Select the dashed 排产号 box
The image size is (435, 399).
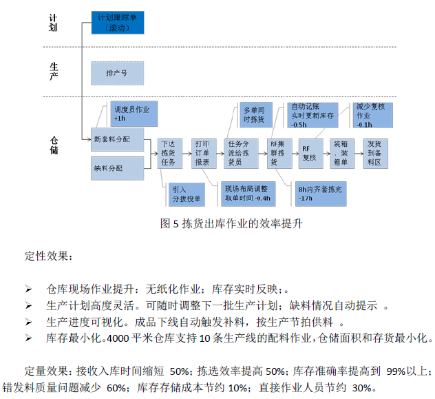(x=117, y=72)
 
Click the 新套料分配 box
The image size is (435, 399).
(x=118, y=139)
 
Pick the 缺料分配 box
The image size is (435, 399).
(x=117, y=167)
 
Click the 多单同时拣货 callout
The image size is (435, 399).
(x=254, y=115)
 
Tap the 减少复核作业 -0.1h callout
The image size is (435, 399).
(x=373, y=115)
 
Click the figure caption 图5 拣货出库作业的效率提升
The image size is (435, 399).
(x=231, y=223)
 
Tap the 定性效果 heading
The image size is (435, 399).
(x=47, y=256)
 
